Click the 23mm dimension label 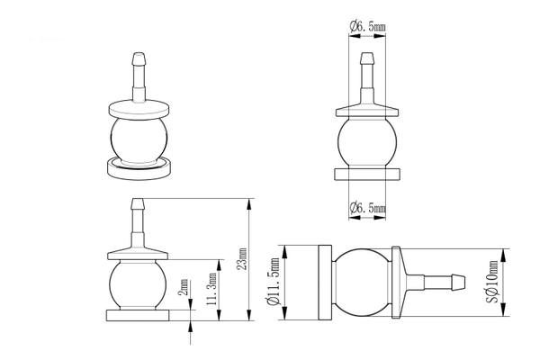[x=243, y=258]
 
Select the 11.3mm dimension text [x=211, y=289]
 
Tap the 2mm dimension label [x=184, y=287]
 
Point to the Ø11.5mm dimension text [x=274, y=282]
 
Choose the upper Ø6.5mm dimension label [x=368, y=26]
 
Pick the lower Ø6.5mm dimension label [x=368, y=208]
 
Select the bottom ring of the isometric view [x=139, y=169]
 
